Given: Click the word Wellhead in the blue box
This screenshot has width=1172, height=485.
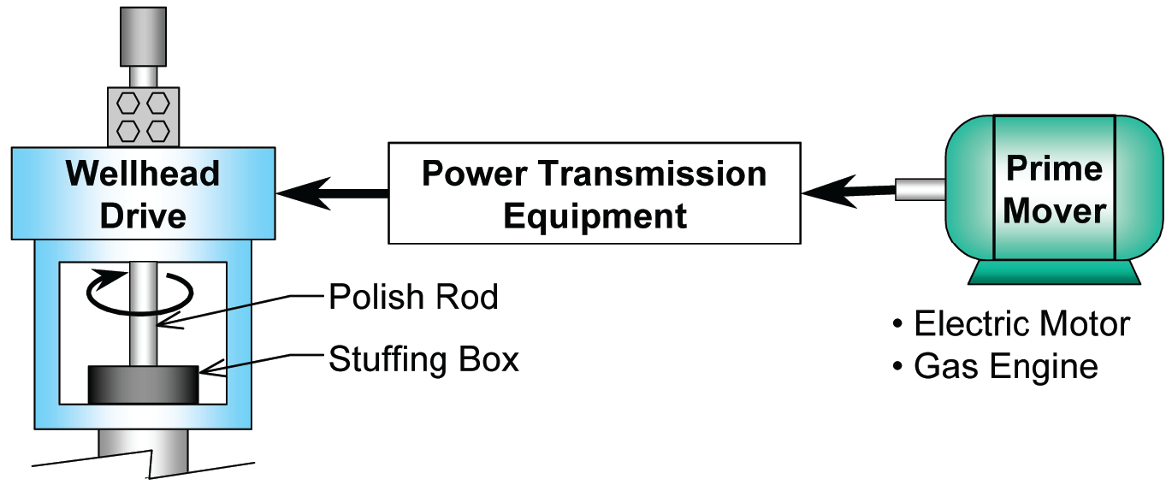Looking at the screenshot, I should [143, 174].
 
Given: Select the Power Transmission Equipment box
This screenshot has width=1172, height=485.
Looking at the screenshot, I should [595, 193].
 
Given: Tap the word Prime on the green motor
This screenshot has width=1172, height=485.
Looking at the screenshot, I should [1054, 169].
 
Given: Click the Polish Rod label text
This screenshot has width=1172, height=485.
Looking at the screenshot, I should [413, 298].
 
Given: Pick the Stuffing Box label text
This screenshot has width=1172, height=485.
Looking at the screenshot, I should [423, 359].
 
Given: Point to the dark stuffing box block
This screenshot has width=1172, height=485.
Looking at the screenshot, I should [143, 384].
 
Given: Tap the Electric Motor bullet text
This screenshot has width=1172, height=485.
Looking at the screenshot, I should [1021, 325].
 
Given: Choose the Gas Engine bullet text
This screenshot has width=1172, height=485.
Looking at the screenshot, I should [1005, 367].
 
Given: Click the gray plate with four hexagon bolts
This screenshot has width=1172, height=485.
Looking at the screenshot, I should [143, 116].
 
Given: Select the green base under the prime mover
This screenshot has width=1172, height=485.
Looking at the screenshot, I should [1054, 271].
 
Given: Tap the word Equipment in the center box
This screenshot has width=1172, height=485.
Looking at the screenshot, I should [595, 216].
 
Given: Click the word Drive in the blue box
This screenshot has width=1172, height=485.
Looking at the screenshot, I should [143, 216].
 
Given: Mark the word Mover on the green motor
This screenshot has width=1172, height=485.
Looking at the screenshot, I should [1054, 210].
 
